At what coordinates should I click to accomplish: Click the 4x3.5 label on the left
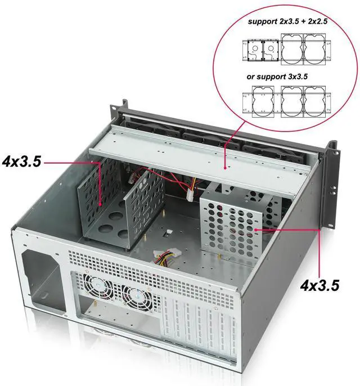coord(22,162)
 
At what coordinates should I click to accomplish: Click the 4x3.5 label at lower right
coord(319,285)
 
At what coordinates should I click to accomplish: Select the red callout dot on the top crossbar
coord(225,167)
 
